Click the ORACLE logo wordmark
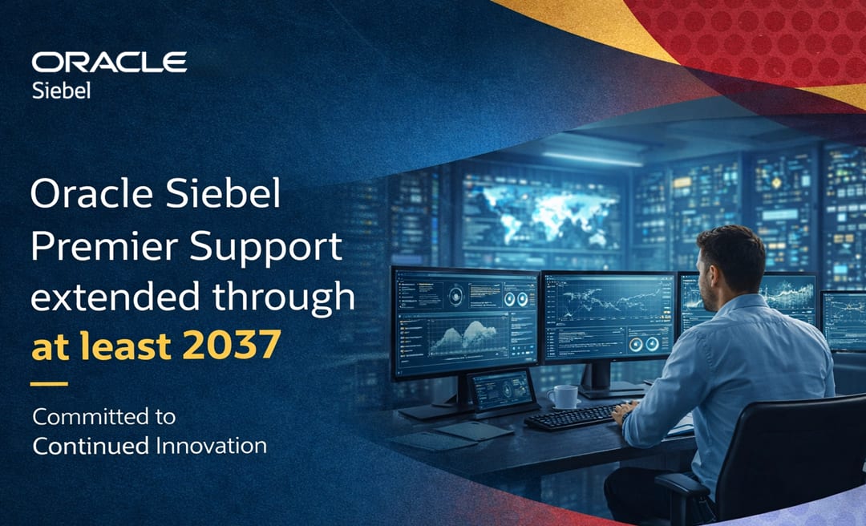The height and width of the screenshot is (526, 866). point(109,63)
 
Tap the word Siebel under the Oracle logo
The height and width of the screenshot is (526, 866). point(61,90)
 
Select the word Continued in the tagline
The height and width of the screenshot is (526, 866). point(91,446)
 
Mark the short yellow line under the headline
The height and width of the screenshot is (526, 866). point(49,383)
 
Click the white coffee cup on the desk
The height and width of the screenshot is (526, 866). point(563,396)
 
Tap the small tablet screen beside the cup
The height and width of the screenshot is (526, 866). point(501,390)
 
